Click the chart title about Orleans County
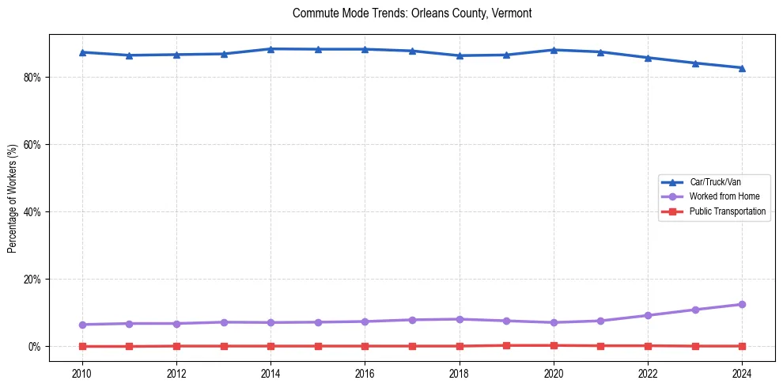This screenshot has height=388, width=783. pos(412,13)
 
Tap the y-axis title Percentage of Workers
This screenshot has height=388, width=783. pos(13,199)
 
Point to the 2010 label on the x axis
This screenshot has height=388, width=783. pos(82,373)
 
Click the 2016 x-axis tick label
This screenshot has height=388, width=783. pos(365,373)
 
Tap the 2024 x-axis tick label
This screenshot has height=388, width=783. pos(742,373)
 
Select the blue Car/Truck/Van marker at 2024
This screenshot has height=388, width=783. pos(742,68)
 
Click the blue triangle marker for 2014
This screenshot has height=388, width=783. pos(270,49)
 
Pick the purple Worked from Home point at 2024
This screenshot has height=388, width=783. pos(742,304)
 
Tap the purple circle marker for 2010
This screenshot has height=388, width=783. pos(82,325)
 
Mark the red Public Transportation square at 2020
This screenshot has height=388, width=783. pos(554,345)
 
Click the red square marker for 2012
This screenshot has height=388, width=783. pos(176,346)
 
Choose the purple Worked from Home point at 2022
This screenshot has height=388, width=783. pos(648,315)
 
